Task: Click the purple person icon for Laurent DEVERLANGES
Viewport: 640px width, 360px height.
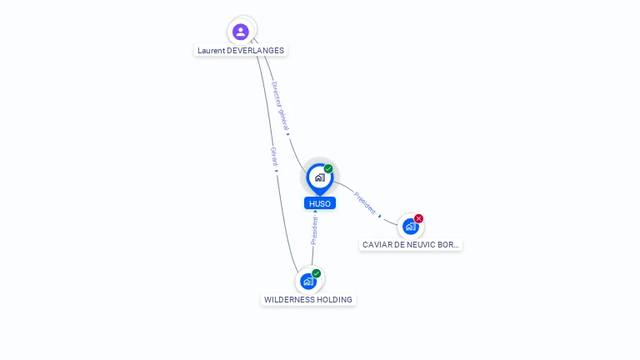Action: tap(241, 32)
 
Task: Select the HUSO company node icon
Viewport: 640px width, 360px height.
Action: tap(319, 177)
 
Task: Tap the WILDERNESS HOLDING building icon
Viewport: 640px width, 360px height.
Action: tap(308, 281)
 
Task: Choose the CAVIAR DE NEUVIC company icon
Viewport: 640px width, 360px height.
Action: tap(410, 226)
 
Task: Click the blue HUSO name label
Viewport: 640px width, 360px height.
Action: tap(320, 203)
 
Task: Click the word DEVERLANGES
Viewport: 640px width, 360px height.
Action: tap(256, 51)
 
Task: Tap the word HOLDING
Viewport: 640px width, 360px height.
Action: tap(335, 300)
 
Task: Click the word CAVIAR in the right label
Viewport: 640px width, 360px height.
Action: tap(377, 245)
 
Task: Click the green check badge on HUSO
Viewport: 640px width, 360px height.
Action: tap(328, 168)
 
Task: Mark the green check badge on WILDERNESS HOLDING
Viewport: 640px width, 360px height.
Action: tap(317, 273)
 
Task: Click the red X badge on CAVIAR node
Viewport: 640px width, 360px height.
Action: tap(419, 218)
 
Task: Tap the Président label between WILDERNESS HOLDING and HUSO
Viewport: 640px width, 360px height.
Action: tap(314, 229)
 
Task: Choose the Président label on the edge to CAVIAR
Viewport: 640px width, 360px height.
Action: tap(365, 202)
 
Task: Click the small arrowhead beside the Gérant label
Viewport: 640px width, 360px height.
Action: tap(277, 171)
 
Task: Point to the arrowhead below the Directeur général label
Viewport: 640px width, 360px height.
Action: tap(287, 133)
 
